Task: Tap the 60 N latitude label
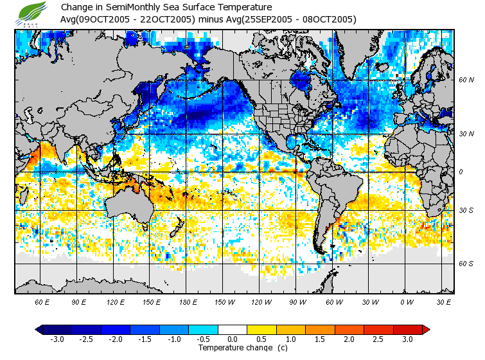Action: [466, 80]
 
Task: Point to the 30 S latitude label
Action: [466, 211]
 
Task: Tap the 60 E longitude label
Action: [42, 301]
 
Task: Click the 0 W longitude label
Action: [407, 301]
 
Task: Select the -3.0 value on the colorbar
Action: [57, 339]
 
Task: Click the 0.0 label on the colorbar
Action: [233, 339]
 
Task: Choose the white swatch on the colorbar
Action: [233, 330]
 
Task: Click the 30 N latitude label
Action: [466, 134]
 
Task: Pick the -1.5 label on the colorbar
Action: [145, 339]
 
